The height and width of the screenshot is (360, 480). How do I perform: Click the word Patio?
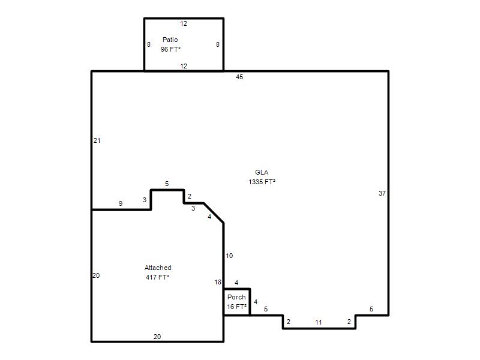click(x=170, y=40)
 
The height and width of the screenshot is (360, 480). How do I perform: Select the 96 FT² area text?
click(x=170, y=49)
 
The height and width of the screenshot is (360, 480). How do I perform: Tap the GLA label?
click(x=262, y=172)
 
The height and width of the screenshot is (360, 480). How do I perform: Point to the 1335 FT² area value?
click(x=262, y=182)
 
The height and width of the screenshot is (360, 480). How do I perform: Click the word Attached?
click(x=158, y=268)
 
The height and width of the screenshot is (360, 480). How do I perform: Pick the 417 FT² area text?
click(x=158, y=277)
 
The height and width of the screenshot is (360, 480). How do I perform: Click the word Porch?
click(x=236, y=297)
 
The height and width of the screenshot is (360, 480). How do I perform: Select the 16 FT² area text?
click(x=236, y=307)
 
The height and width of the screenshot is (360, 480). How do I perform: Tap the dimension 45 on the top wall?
click(x=239, y=77)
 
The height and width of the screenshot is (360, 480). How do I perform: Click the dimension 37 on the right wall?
click(x=382, y=193)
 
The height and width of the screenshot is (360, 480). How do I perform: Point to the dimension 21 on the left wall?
click(x=97, y=140)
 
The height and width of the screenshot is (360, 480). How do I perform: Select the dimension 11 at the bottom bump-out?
click(x=319, y=322)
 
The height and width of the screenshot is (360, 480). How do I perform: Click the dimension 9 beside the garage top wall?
click(x=121, y=203)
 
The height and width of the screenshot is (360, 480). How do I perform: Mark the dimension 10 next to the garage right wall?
click(x=229, y=256)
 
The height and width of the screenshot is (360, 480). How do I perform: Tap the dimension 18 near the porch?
click(x=218, y=282)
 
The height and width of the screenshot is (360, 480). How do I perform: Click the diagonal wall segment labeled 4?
click(x=214, y=213)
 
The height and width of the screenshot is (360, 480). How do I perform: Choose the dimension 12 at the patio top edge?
click(x=184, y=23)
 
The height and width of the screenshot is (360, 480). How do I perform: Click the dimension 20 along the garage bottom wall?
click(x=157, y=337)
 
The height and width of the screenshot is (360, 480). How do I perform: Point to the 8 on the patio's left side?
click(x=149, y=44)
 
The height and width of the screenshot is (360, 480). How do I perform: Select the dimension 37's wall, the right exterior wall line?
click(x=388, y=193)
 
